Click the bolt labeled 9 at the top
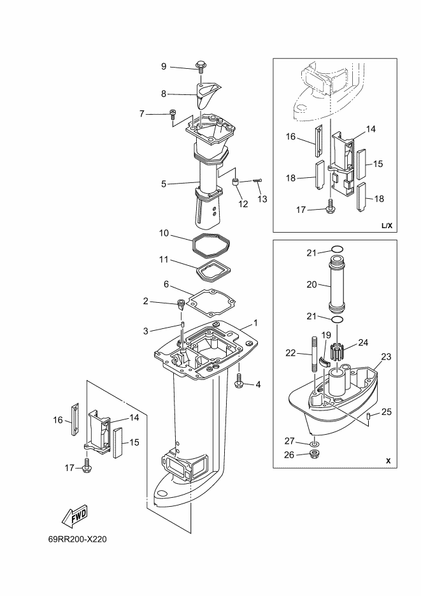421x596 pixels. (201, 66)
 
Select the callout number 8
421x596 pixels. (164, 94)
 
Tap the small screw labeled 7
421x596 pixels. (173, 114)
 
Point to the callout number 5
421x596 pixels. (164, 184)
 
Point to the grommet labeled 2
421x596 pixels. (181, 305)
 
